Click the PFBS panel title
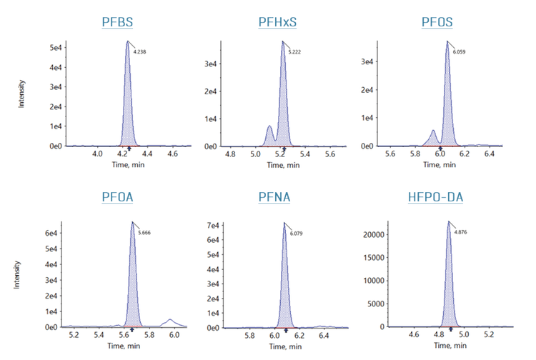click(x=116, y=21)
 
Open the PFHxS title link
click(x=277, y=21)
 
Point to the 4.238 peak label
click(x=139, y=51)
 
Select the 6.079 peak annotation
click(x=296, y=232)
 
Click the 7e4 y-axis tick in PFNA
click(x=214, y=226)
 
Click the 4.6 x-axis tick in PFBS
click(x=172, y=153)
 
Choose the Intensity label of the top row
click(x=22, y=94)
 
